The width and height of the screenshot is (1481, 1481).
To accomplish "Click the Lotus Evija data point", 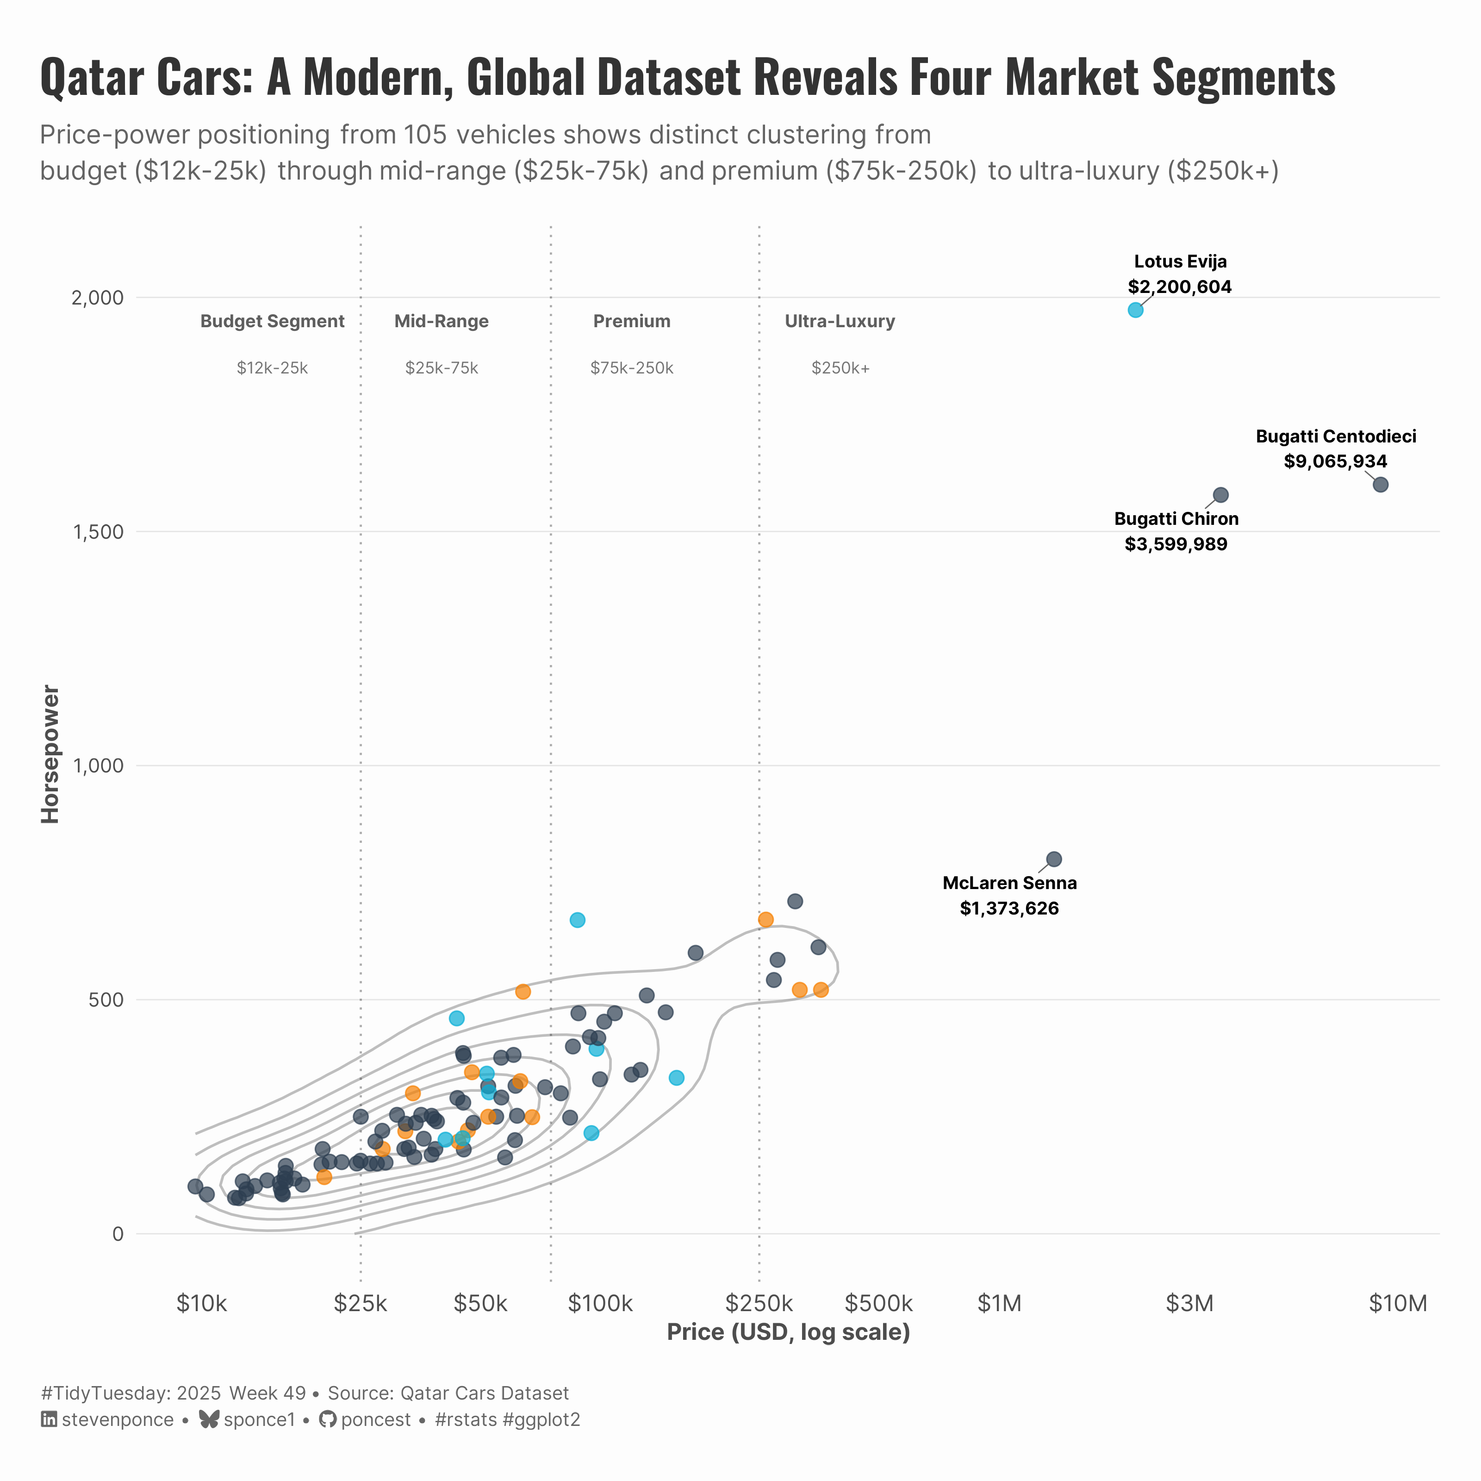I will [x=1135, y=310].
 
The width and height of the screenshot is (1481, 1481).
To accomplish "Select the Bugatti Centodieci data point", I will [x=1381, y=485].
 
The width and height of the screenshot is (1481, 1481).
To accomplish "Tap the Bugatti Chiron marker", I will [x=1221, y=495].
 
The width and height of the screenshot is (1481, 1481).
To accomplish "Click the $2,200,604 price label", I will [x=1180, y=286].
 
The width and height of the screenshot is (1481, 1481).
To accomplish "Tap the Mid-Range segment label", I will [x=442, y=321].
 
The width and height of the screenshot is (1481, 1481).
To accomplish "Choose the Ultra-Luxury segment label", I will [x=840, y=321].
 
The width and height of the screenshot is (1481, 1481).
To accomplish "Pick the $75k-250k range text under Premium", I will [x=632, y=368].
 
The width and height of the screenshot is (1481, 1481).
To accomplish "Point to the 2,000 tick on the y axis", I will [x=97, y=298].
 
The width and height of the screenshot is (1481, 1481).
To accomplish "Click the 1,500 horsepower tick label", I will [x=97, y=532].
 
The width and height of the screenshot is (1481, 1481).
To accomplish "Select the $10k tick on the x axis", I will [x=202, y=1303].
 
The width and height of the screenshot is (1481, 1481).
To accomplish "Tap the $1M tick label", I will [x=1000, y=1303].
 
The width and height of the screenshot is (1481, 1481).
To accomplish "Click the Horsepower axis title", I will [x=50, y=754].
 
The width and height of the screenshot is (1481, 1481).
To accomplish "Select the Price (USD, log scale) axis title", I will [x=788, y=1332].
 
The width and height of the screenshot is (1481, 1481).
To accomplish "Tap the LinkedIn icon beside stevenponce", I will [x=48, y=1419].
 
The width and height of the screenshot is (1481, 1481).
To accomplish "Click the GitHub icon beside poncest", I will [x=327, y=1419].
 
